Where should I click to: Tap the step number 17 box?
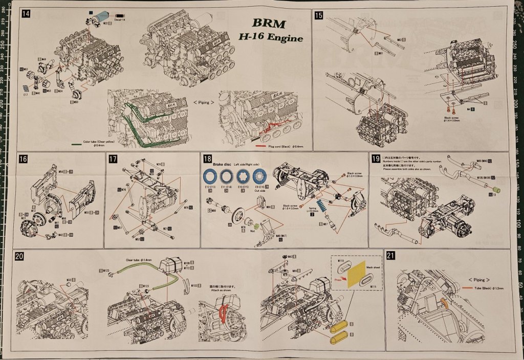(114, 159)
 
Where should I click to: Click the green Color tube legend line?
(75, 143)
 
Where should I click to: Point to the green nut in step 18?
(255, 225)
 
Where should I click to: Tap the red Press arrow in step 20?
(339, 280)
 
